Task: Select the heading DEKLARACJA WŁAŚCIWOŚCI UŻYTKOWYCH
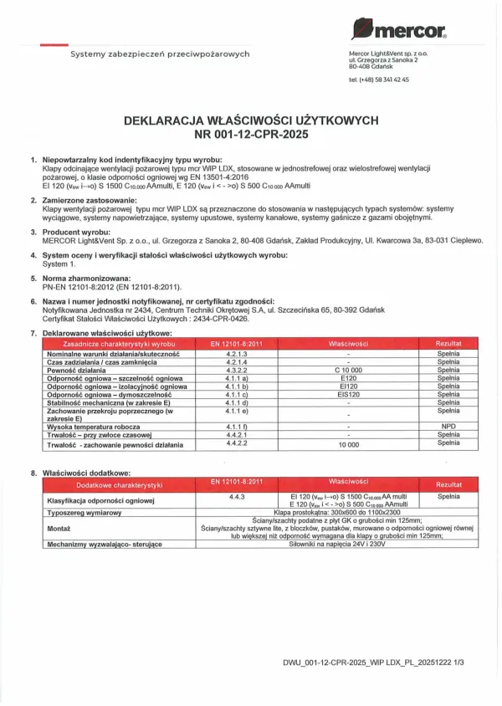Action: point(250,120)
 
